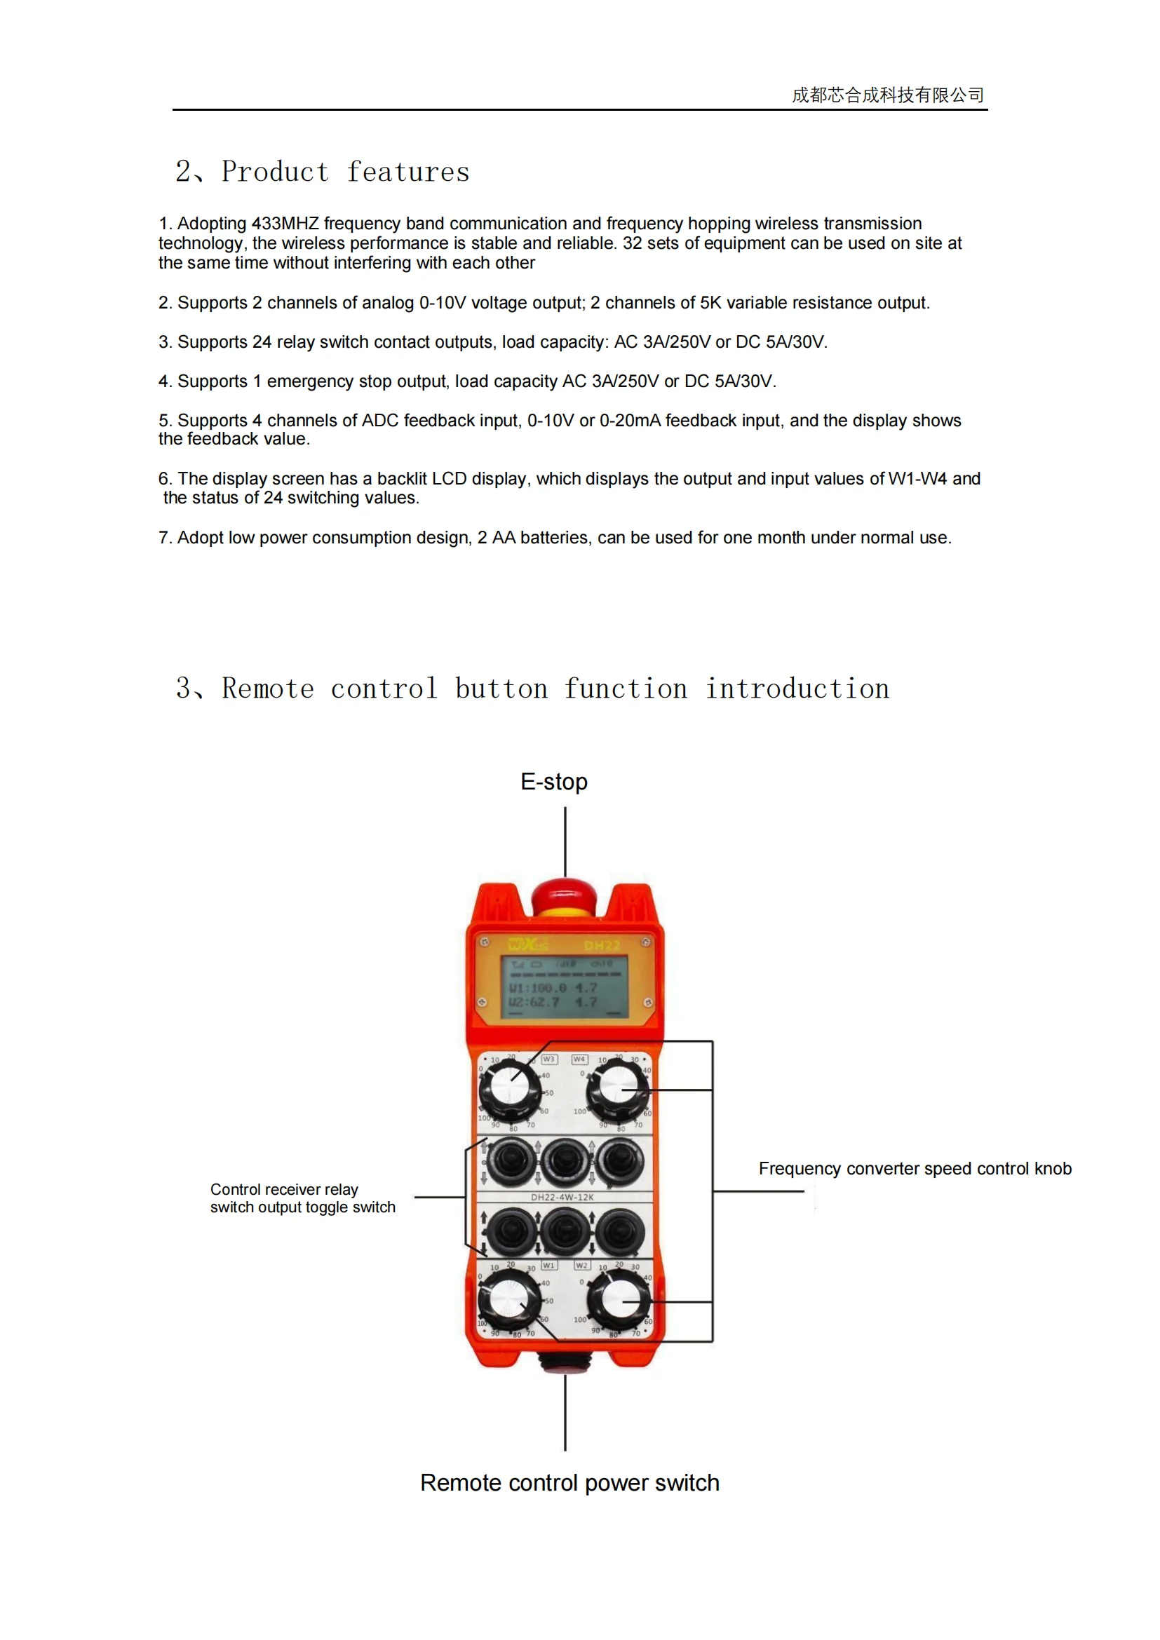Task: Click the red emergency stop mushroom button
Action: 565,895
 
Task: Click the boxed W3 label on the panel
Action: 548,1059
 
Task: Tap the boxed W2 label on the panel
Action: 582,1265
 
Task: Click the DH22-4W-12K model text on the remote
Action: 562,1197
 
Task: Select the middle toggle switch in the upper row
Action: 565,1161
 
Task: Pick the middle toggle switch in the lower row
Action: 565,1231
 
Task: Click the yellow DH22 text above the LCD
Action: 602,946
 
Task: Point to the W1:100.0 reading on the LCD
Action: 537,988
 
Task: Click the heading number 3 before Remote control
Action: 184,689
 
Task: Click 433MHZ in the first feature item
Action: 285,224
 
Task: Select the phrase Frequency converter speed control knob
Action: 915,1169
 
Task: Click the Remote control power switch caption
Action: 569,1483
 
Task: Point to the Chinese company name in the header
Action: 888,95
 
